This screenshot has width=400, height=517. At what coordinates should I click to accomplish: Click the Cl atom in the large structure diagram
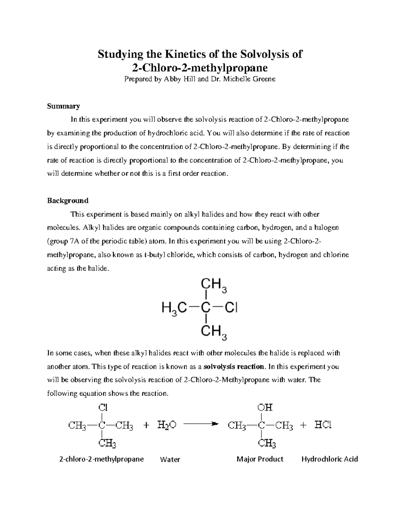(x=231, y=308)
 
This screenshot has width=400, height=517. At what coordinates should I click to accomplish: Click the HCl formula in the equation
(x=323, y=425)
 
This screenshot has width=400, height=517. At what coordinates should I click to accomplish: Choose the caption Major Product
(x=260, y=459)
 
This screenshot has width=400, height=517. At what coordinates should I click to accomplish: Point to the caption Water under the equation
(x=170, y=459)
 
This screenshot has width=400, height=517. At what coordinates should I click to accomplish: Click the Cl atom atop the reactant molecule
(x=103, y=407)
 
